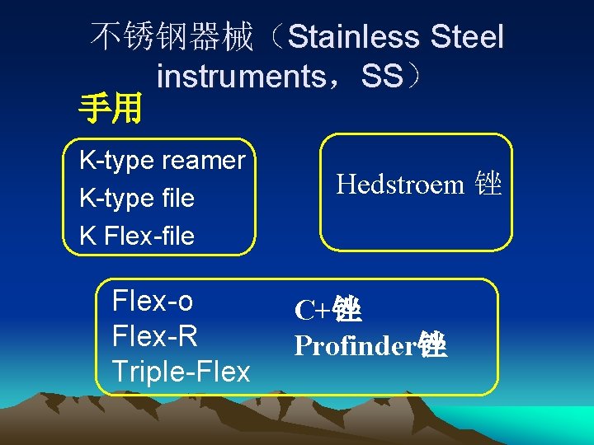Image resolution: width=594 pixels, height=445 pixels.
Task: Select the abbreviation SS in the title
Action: tap(382, 77)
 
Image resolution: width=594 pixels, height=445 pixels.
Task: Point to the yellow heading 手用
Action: tap(111, 107)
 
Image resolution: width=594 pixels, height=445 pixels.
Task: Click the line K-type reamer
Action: tap(162, 160)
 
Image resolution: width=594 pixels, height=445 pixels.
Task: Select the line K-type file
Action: tap(136, 198)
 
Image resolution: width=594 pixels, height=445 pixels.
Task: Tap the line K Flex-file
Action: tap(136, 236)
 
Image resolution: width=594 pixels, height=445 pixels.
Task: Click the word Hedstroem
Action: tap(400, 185)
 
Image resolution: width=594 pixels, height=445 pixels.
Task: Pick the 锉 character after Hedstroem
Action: tap(488, 185)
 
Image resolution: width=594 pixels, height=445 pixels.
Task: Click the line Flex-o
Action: tap(152, 302)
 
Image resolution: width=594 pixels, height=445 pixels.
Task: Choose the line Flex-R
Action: tap(154, 337)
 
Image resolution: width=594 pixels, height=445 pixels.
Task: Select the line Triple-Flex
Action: tap(181, 372)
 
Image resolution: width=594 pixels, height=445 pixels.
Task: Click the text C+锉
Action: tap(328, 311)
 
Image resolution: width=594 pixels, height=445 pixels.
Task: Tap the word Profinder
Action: tap(356, 346)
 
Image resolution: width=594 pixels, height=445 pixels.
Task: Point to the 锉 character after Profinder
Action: tap(433, 346)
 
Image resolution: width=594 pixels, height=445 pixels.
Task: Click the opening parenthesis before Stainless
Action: tap(279, 37)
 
